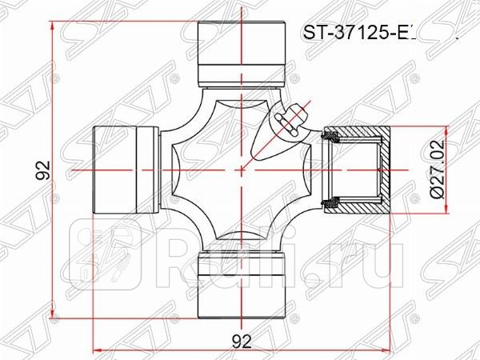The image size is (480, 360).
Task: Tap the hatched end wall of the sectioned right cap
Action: pos(382,170)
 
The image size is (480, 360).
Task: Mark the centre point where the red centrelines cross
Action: pos(242,170)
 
